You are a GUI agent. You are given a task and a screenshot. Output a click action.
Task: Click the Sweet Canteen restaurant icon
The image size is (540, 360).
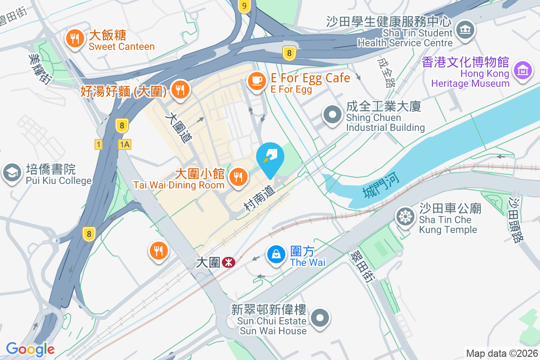pos(75,39)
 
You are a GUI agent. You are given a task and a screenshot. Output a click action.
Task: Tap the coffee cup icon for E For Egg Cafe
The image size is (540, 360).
pos(257,81)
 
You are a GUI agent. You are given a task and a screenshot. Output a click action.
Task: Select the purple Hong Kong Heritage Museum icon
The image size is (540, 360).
pos(523,72)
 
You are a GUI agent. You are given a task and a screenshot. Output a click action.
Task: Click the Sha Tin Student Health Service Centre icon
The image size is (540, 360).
pos(465,31)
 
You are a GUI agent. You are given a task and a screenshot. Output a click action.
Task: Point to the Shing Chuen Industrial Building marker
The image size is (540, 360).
pos(333,115)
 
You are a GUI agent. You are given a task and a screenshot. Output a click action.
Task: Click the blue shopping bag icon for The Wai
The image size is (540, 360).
pos(276,255)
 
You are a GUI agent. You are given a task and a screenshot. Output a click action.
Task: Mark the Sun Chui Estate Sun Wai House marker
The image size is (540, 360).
pos(320,318)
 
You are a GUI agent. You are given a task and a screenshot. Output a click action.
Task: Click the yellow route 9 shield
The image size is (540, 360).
pos(244,6)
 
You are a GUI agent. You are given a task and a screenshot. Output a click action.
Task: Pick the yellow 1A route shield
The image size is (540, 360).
pos(125,144)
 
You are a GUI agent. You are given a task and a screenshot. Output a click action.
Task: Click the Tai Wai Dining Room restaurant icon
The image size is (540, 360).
pos(238,177)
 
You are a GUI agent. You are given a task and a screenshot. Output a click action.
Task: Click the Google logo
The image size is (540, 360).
pos(30,349)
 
